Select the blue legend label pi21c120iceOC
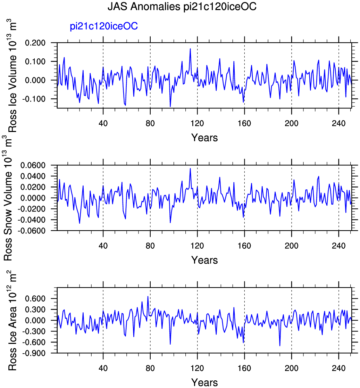(x=104, y=27)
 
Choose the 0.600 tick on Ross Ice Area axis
(x=41, y=299)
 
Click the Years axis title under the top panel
(x=204, y=138)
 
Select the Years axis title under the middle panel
(x=204, y=260)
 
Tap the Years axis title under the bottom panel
(x=204, y=382)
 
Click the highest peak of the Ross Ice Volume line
(x=190, y=49)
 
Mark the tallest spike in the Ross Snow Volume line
(x=190, y=168)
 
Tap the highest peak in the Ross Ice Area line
(x=148, y=296)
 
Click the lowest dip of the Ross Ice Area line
(x=280, y=346)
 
